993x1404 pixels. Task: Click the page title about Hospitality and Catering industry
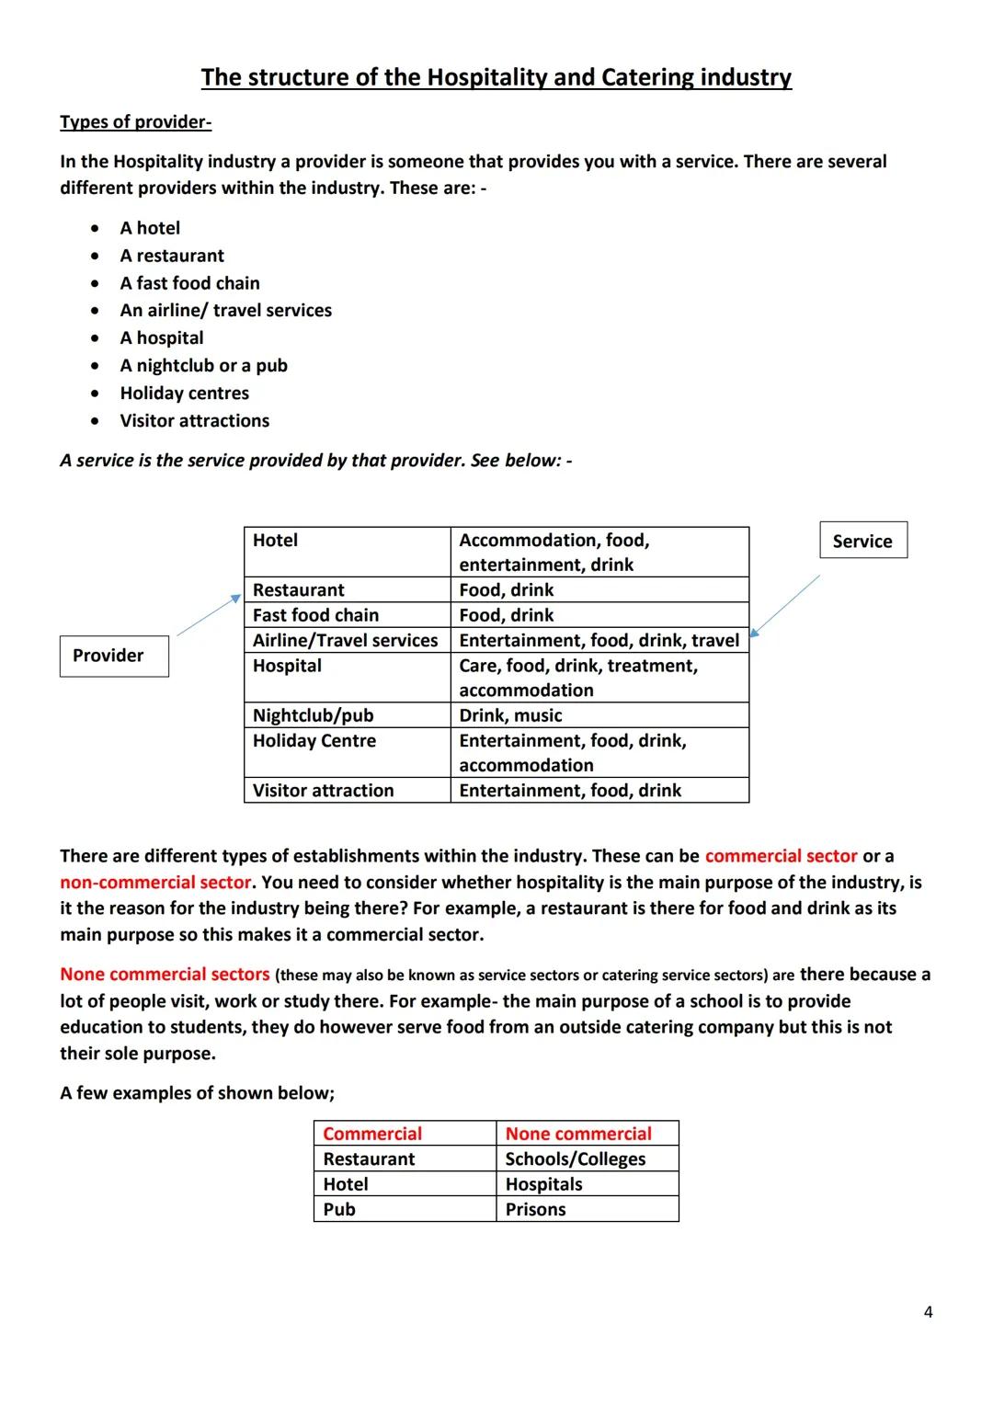point(496,77)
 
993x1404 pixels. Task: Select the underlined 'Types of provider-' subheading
point(135,122)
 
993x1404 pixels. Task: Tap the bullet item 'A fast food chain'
point(189,283)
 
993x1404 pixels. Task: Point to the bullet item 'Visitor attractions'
point(194,421)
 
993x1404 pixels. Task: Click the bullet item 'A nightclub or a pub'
point(203,366)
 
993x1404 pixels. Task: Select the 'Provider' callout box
point(114,656)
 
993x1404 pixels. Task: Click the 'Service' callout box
point(862,541)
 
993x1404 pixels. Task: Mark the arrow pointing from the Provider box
point(208,615)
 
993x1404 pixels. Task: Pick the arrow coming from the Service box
point(784,606)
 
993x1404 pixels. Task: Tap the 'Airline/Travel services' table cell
point(346,641)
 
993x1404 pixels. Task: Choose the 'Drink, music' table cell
point(510,715)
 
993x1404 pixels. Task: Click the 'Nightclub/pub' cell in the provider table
point(313,715)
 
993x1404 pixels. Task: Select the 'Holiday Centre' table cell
point(314,741)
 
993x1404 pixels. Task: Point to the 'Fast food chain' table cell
point(315,615)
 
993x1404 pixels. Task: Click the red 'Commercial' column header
point(372,1134)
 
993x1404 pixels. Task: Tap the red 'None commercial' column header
point(578,1134)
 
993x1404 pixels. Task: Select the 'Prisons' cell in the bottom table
point(535,1210)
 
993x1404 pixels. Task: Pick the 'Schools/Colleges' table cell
point(576,1159)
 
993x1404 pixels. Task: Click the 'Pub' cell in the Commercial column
point(339,1210)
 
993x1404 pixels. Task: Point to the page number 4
point(928,1312)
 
